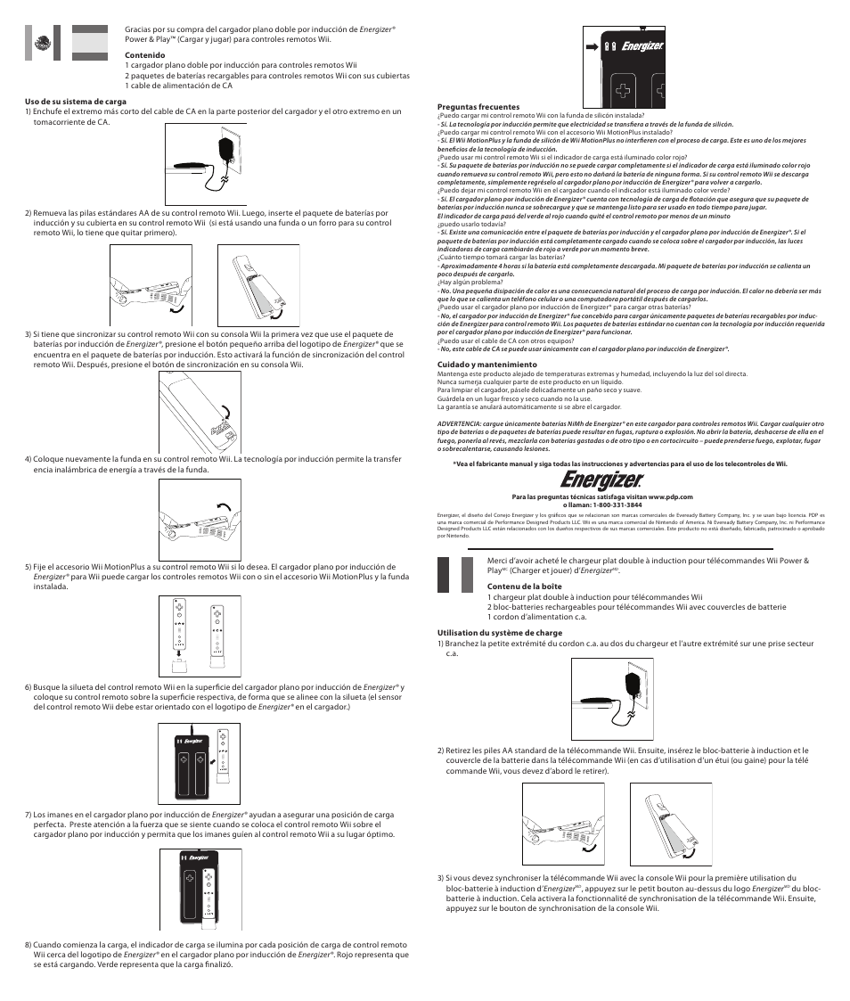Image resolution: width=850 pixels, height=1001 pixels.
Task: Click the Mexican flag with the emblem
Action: coord(41,42)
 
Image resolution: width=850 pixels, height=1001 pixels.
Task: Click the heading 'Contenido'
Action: coord(144,55)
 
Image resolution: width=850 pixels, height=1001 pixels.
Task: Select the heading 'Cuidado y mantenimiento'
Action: coord(486,364)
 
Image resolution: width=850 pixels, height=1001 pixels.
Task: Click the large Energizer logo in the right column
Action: coord(614,481)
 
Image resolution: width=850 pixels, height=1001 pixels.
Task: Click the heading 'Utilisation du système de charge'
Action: coord(499,633)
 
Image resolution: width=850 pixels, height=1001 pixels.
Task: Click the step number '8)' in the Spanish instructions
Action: coord(29,945)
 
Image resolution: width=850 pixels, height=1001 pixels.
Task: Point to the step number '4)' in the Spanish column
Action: coord(29,460)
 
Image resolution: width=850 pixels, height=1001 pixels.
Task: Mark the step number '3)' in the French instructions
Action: coord(441,878)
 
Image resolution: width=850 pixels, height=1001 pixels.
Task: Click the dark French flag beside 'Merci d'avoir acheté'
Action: coord(454,574)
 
